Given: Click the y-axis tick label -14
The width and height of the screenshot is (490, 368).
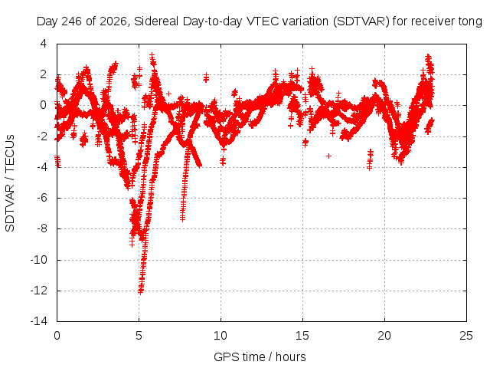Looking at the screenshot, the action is tap(39, 321).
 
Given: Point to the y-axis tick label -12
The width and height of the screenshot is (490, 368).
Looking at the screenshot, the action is tap(39, 291).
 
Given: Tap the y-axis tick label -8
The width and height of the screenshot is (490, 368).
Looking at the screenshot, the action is tap(41, 228).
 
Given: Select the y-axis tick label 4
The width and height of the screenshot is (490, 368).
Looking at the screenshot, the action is tap(44, 44).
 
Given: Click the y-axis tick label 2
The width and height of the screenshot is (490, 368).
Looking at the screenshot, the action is tap(44, 74).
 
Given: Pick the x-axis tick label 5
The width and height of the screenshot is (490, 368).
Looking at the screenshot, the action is tap(139, 336).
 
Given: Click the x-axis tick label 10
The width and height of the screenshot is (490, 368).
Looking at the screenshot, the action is tap(220, 336).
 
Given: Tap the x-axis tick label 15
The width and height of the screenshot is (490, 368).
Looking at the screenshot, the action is tap(302, 336).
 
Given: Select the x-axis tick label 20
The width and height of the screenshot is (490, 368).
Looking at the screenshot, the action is tap(384, 336).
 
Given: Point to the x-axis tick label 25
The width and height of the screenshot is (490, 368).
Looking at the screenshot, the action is tap(466, 336).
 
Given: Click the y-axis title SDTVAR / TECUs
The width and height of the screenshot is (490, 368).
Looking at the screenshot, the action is tap(10, 183).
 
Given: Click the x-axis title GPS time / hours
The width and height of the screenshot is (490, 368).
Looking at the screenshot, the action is tap(260, 357).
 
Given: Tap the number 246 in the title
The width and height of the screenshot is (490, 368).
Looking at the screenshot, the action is tap(72, 21).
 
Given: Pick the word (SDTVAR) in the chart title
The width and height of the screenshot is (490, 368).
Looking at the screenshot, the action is tap(361, 21).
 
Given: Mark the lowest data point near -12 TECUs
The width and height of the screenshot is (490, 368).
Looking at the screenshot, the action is tap(140, 292).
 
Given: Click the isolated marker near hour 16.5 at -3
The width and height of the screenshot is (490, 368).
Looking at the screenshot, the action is tap(328, 156).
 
